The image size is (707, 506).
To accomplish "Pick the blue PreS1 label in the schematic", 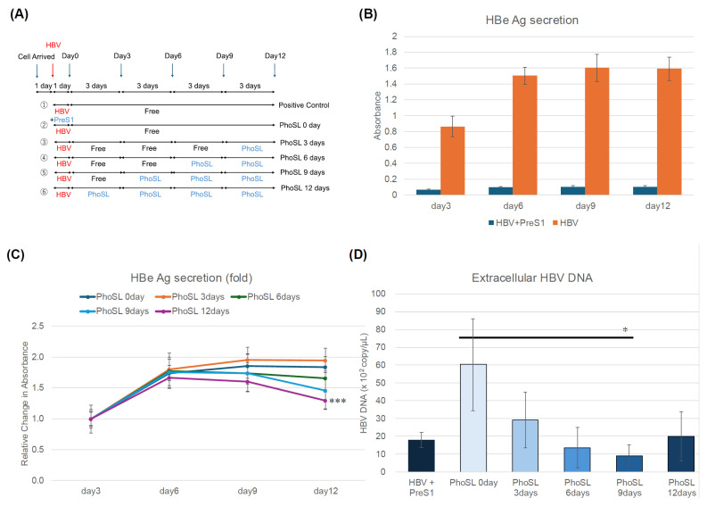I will pyautogui.click(x=65, y=119).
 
